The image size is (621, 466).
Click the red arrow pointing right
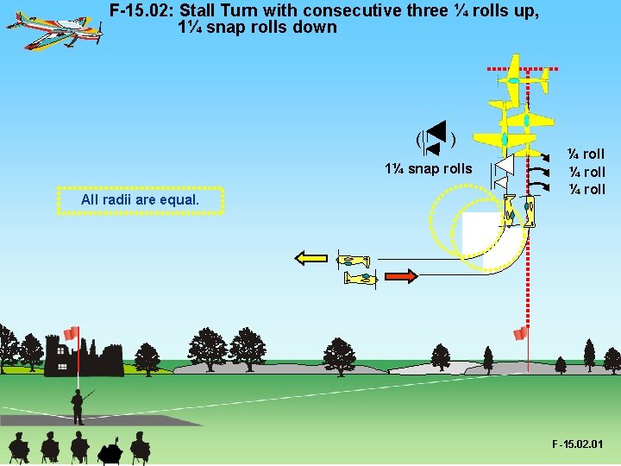[400, 276]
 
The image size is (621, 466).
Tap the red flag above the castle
[72, 333]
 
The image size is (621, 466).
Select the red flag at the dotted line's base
[520, 334]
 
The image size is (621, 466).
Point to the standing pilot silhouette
[78, 406]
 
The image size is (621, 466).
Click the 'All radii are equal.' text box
[140, 200]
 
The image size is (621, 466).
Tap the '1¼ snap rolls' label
[429, 168]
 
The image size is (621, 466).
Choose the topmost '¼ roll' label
[586, 154]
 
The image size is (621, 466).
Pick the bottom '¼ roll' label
[586, 189]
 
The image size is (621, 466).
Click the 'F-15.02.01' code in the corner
[579, 444]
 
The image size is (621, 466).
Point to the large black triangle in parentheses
[437, 133]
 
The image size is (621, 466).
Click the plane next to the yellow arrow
[353, 261]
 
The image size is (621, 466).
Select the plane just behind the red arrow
[361, 278]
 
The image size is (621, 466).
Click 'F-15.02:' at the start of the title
[142, 11]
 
